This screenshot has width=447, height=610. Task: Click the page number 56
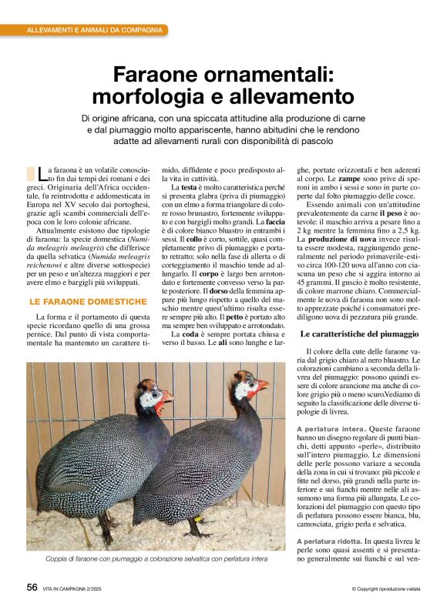pyautogui.click(x=32, y=587)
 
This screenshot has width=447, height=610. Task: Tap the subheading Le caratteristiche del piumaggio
pyautogui.click(x=359, y=334)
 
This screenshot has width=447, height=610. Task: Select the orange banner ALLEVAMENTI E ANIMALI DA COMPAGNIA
pyautogui.click(x=95, y=30)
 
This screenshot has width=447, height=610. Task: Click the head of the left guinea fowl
pyautogui.click(x=151, y=396)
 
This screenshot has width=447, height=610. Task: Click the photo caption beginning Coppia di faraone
pyautogui.click(x=157, y=559)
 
